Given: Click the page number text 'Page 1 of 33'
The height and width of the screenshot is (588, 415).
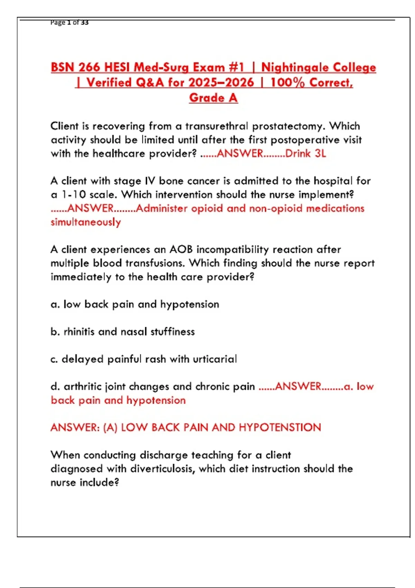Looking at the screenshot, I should click(x=69, y=22).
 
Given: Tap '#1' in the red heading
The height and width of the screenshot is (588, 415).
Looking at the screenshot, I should click(x=236, y=67).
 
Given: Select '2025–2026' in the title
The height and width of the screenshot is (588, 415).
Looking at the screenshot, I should click(x=221, y=83).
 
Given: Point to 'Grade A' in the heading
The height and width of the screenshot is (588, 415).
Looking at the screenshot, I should click(x=213, y=98).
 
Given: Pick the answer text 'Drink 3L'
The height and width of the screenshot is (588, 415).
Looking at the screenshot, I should click(x=306, y=153).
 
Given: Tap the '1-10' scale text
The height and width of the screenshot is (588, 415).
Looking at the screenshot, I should click(x=74, y=195).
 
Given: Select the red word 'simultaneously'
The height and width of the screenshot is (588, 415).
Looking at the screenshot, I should click(x=86, y=222).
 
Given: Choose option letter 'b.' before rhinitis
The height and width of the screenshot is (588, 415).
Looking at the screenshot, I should click(x=55, y=332).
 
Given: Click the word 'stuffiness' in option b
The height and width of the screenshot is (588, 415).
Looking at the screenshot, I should click(x=173, y=332).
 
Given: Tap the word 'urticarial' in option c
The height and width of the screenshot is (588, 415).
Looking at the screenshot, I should click(x=215, y=359).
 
